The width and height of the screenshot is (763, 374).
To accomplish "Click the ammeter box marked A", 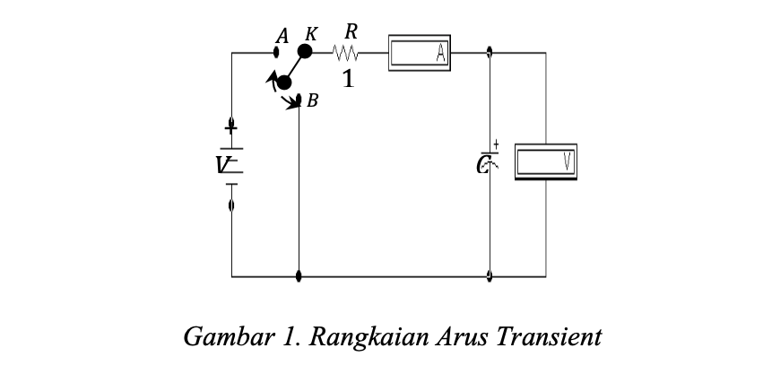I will coord(420,53).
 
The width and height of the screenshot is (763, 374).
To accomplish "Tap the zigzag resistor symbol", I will coord(347,54).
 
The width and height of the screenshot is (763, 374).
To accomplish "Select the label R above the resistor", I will coord(351,31).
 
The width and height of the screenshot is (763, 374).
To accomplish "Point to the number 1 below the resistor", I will coord(348,80).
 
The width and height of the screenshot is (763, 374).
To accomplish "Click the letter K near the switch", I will coord(311,34).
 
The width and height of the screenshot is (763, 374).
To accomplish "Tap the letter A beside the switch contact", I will coord(282,36).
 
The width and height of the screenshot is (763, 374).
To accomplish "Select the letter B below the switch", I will coord(312,101).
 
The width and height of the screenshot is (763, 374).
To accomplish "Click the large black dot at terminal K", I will coord(305,52).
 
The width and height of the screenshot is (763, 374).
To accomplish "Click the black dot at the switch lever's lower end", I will coord(285,83).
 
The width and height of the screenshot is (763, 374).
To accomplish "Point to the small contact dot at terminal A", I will coord(279,53).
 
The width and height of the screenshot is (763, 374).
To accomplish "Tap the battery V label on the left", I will coord(222,164).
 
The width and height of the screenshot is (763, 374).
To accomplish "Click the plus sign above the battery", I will coord(231,129).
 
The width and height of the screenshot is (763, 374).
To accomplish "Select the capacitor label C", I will coord(484,164).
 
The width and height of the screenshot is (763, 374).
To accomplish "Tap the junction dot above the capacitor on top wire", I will coord(490,52).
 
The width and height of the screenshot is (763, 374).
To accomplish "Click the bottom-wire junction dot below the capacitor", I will coord(490,276).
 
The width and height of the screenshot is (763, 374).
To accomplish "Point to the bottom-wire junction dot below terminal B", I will coord(299,276).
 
